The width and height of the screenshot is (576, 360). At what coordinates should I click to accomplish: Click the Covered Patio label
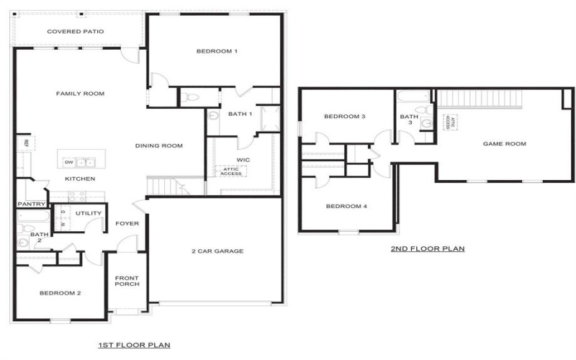click(x=76, y=32)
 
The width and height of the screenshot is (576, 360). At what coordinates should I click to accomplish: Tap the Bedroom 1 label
click(x=217, y=51)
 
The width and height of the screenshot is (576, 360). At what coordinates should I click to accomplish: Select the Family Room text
click(x=81, y=94)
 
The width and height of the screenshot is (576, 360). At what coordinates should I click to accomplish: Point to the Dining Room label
click(x=159, y=145)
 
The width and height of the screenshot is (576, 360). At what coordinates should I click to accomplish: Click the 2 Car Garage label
click(x=217, y=251)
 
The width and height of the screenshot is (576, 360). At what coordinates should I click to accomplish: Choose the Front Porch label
click(x=127, y=281)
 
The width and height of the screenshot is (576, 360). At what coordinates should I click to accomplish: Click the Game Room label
click(x=504, y=144)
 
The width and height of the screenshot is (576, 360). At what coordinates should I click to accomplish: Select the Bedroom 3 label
click(x=345, y=117)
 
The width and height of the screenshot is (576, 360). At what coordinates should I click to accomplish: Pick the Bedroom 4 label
click(x=346, y=207)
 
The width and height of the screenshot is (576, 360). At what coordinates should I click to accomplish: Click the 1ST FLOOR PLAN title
click(x=134, y=346)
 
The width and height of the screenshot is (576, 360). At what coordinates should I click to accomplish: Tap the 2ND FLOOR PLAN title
click(x=428, y=249)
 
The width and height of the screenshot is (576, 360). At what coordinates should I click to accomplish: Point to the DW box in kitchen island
click(x=68, y=162)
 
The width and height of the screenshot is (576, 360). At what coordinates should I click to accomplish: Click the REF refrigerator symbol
click(x=26, y=143)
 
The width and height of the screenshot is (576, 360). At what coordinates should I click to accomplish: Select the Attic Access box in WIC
click(x=230, y=171)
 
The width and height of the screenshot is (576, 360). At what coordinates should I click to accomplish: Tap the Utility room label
click(x=89, y=214)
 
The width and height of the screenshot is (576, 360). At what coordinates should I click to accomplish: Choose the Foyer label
click(x=127, y=223)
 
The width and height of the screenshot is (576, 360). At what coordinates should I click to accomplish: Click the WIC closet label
click(x=243, y=159)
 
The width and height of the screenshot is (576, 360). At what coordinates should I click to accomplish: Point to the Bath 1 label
click(x=240, y=114)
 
